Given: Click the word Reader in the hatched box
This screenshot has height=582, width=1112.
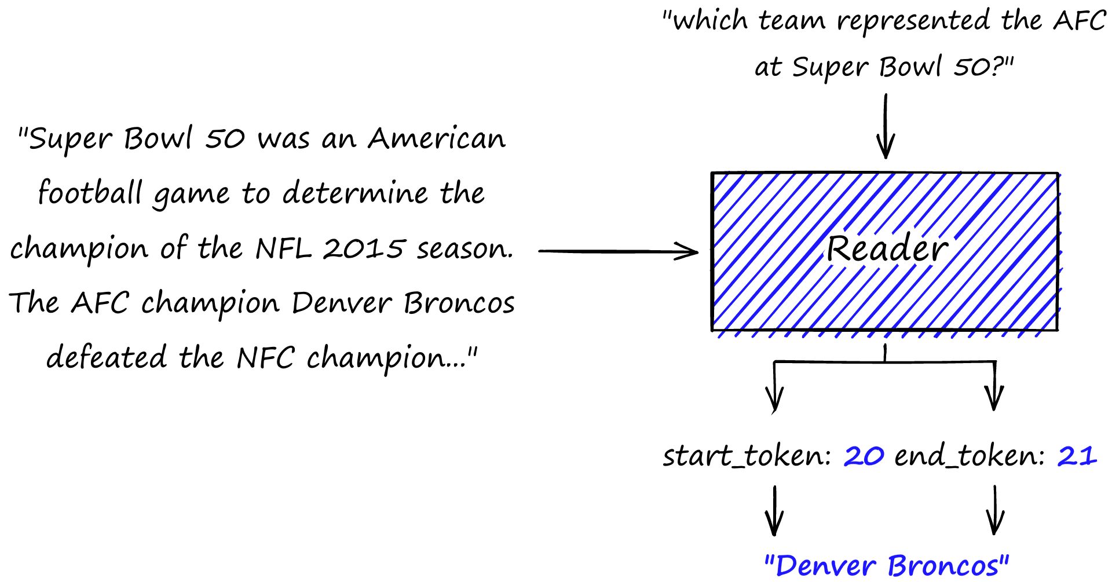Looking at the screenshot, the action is coord(887,249).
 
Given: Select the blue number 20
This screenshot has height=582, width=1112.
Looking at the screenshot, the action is coord(864,456).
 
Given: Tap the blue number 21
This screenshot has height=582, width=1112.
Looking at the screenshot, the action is coord(1077,456).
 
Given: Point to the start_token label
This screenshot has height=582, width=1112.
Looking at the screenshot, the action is coord(747,456).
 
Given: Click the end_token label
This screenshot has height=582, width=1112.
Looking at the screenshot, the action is coord(970,456).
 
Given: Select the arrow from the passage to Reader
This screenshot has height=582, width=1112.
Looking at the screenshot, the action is coord(618,251).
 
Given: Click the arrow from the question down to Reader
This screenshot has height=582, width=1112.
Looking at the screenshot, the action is coord(886,126).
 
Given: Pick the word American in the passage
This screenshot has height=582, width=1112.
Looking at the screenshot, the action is coord(437,138).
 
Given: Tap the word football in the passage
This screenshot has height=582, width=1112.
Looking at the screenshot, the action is coord(90,192).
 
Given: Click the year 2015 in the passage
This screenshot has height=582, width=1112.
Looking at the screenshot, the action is coord(363,248).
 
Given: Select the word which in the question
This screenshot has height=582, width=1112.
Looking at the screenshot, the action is coord(710,21).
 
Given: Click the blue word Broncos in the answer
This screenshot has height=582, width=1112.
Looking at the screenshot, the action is coord(944,566).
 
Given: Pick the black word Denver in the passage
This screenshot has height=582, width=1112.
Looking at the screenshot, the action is coord(342,303).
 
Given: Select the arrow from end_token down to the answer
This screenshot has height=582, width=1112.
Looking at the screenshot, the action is coord(995,510).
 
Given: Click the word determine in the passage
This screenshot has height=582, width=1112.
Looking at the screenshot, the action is coord(355,193).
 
